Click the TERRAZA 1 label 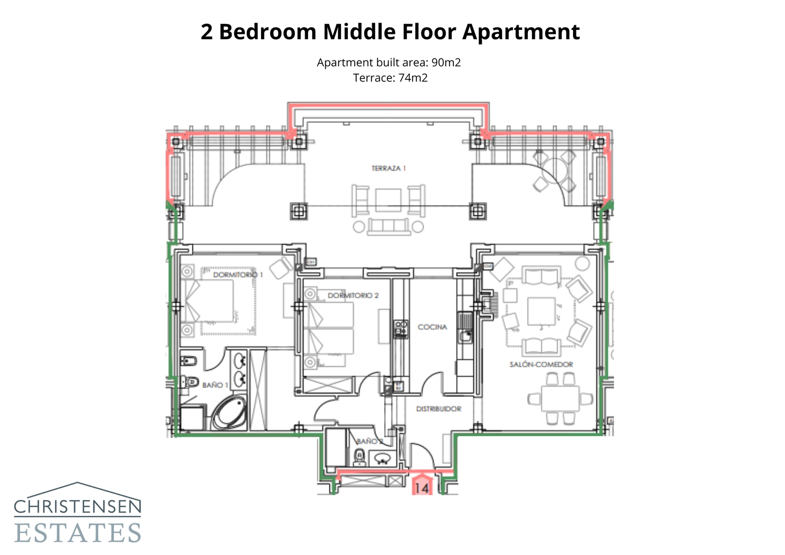pyautogui.click(x=389, y=168)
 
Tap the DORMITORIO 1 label pyautogui.click(x=237, y=275)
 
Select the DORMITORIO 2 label pyautogui.click(x=353, y=295)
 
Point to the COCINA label pyautogui.click(x=432, y=327)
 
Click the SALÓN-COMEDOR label pyautogui.click(x=541, y=365)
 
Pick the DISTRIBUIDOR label pyautogui.click(x=438, y=409)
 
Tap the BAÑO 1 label pyautogui.click(x=215, y=385)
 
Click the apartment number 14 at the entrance pyautogui.click(x=421, y=488)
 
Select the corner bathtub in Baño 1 pyautogui.click(x=229, y=413)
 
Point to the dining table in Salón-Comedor pyautogui.click(x=560, y=398)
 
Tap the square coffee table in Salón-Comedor pyautogui.click(x=541, y=311)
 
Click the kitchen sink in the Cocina pyautogui.click(x=465, y=336)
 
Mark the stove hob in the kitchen pyautogui.click(x=401, y=329)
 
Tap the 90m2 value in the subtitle pyautogui.click(x=445, y=63)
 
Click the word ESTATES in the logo pyautogui.click(x=78, y=533)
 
